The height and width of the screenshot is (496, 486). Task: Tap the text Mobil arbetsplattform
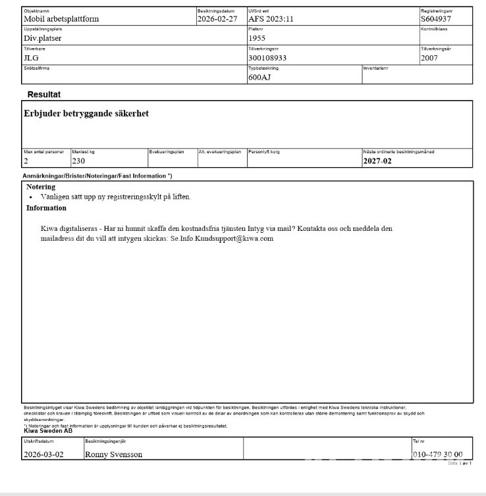[x=61, y=19]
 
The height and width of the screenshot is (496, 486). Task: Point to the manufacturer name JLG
[x=32, y=57]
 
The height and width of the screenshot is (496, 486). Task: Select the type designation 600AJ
[x=259, y=77]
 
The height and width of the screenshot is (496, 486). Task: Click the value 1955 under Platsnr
[x=257, y=38]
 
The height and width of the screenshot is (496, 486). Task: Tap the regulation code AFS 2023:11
[x=271, y=19]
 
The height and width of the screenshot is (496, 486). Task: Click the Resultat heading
[x=44, y=95]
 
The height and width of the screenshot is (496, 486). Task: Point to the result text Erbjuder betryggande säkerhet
[x=86, y=114]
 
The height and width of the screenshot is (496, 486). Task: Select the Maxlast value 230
[x=79, y=161]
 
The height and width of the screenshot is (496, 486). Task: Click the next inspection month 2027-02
[x=377, y=161]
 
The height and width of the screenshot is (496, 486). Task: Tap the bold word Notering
[x=41, y=187]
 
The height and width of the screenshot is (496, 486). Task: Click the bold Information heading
[x=46, y=208]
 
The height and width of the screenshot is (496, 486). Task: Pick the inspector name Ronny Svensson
[x=113, y=455]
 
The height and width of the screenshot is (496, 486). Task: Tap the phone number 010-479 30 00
[x=437, y=455]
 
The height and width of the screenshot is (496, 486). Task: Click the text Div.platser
[x=43, y=38]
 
